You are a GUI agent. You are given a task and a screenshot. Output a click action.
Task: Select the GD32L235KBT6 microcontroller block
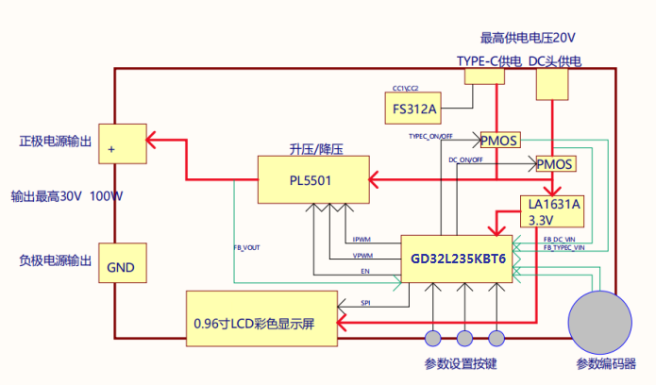(x=458, y=257)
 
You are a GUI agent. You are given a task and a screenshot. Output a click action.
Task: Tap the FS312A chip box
(x=414, y=109)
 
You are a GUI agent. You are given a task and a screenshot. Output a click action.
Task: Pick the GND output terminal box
(x=121, y=268)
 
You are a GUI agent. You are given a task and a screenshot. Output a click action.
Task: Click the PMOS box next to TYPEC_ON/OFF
(x=500, y=141)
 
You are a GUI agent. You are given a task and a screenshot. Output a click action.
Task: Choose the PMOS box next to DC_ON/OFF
(x=555, y=164)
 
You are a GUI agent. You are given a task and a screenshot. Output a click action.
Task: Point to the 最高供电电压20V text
(x=528, y=38)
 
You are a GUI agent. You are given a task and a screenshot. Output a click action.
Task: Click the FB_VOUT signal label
(x=247, y=248)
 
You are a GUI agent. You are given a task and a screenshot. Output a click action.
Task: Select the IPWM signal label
(x=362, y=238)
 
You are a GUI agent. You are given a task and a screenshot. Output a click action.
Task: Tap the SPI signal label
(x=365, y=303)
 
